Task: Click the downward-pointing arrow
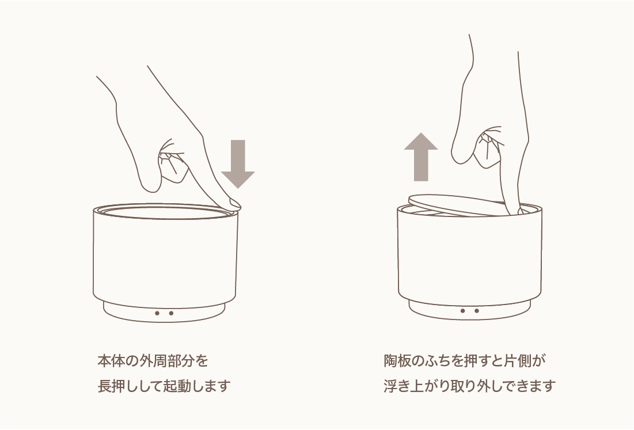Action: [x=238, y=163]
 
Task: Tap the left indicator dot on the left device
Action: [x=157, y=313]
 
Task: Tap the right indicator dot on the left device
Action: [x=172, y=313]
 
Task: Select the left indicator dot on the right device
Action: [x=462, y=311]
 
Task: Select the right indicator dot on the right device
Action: [x=477, y=311]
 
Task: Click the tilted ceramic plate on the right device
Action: [x=457, y=205]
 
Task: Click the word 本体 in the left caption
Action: [x=110, y=360]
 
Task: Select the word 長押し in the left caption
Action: [x=117, y=386]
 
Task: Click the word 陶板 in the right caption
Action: [x=397, y=360]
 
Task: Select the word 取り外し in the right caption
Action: [x=478, y=386]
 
